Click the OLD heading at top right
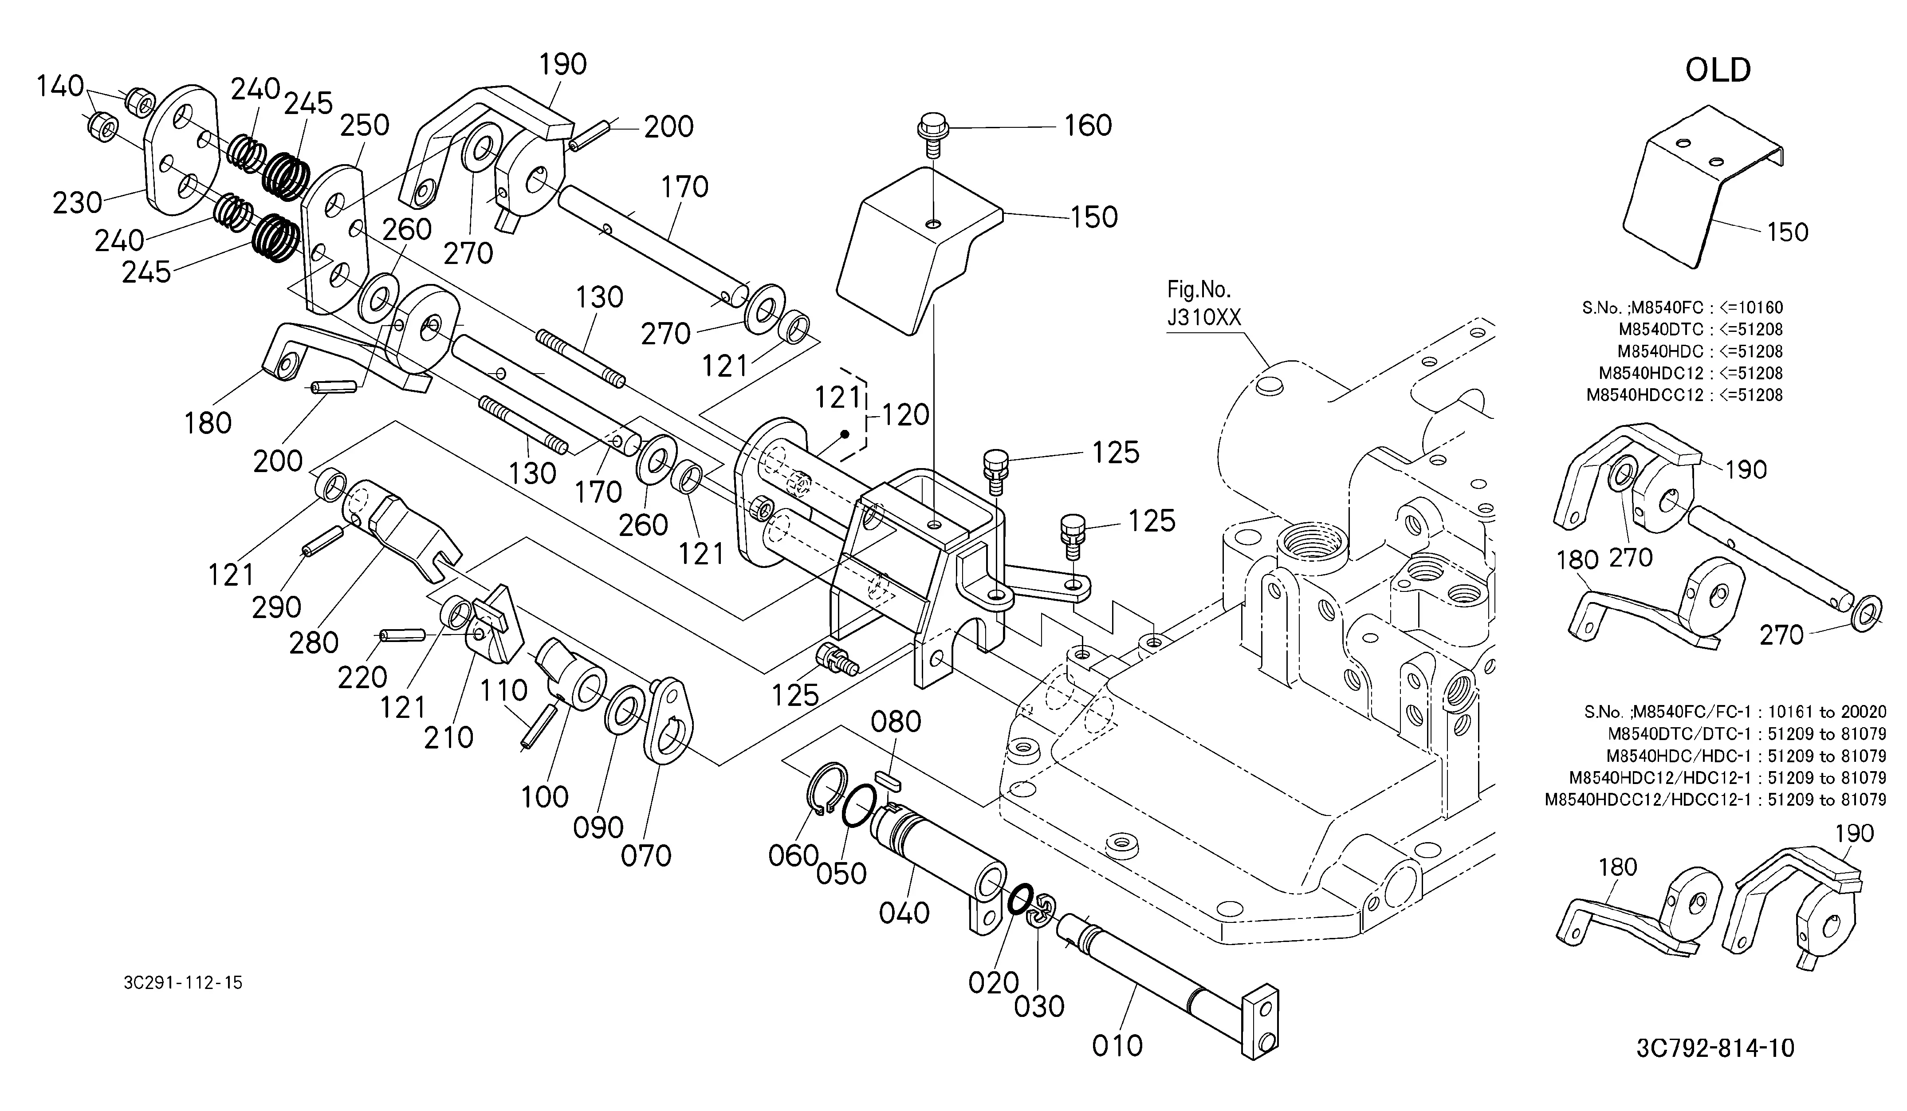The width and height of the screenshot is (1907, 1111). point(1718,71)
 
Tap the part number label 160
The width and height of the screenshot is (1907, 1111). point(1088,126)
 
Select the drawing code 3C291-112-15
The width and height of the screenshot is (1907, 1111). point(183,983)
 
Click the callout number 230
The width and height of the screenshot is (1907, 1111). point(77,203)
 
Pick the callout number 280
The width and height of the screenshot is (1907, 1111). point(313,643)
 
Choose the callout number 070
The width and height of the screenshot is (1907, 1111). point(646,856)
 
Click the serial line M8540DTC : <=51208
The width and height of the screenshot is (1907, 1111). point(1700,329)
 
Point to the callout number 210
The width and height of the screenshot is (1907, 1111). point(449,737)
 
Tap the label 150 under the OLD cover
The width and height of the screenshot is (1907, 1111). point(1787,232)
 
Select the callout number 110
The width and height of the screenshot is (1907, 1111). point(504,690)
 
